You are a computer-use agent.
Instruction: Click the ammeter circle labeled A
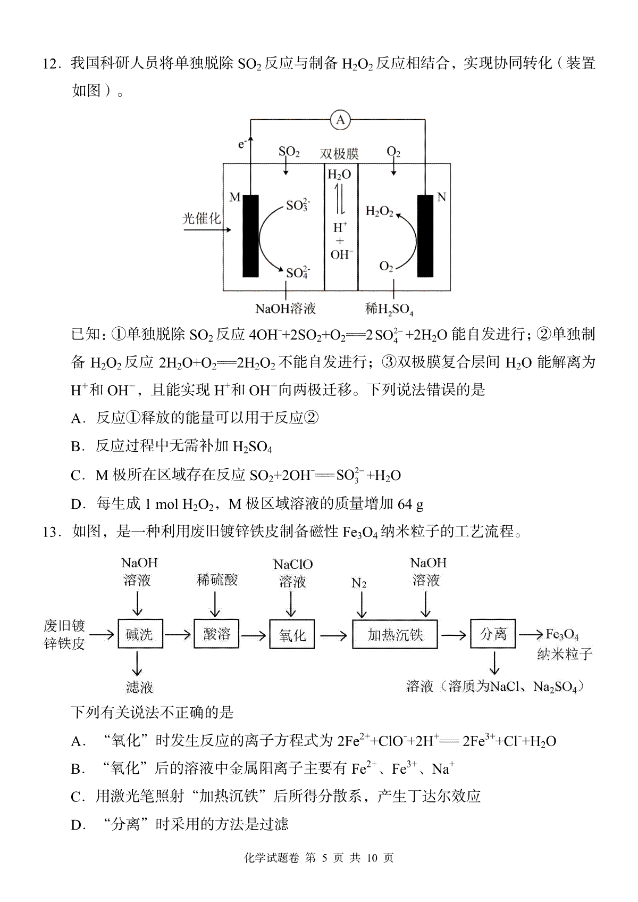340,120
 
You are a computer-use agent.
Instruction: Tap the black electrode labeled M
250,236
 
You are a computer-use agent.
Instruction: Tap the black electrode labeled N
425,236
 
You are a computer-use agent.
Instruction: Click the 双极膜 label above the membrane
339,154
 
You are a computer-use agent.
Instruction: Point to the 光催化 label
202,218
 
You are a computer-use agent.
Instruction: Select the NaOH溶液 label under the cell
286,308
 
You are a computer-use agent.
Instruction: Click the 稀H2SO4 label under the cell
389,309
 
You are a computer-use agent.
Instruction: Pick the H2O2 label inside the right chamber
379,211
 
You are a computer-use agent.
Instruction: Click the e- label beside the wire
242,143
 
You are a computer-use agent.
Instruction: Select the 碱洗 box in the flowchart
140,634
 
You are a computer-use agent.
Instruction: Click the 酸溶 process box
217,634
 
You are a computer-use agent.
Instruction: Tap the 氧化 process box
292,634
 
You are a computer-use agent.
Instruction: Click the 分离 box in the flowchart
493,634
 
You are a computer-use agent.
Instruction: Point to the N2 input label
359,583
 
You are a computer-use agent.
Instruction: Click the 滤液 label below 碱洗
139,687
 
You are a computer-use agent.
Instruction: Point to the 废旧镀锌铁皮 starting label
64,634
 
